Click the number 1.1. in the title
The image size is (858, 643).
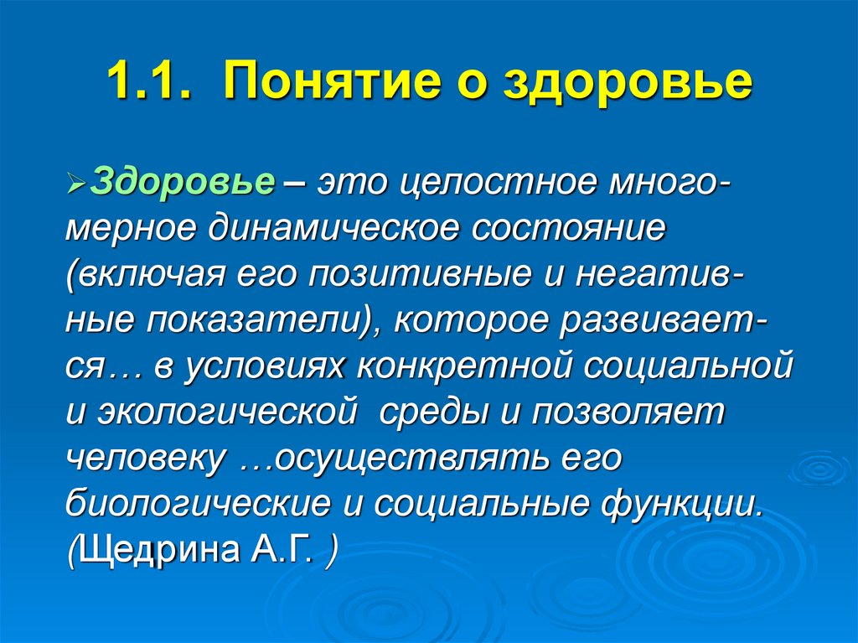(x=151, y=83)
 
